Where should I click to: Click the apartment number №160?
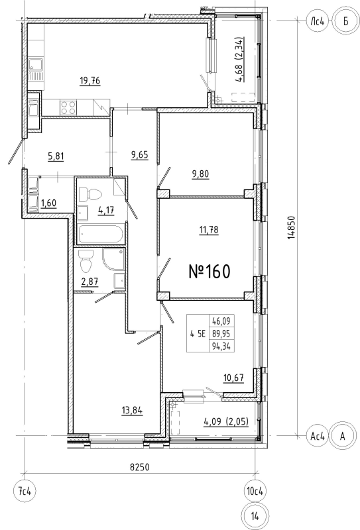(x=210, y=272)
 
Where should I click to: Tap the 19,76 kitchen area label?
(x=90, y=81)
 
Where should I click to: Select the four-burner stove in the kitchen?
(x=68, y=108)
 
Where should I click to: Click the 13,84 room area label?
(x=132, y=410)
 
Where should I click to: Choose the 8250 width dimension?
(x=140, y=467)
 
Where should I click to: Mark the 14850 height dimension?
(x=291, y=228)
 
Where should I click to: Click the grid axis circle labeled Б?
(x=345, y=21)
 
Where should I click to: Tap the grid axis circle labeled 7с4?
(x=25, y=491)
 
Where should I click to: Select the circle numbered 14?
(x=255, y=516)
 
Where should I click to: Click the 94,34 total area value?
(x=221, y=346)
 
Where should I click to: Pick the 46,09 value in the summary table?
(x=221, y=321)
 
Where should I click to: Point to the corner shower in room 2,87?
(x=113, y=260)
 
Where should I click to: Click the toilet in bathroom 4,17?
(x=90, y=195)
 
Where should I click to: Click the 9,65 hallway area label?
(x=139, y=155)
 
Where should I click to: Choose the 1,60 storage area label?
(x=48, y=203)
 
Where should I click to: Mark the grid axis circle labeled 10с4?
(x=255, y=491)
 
